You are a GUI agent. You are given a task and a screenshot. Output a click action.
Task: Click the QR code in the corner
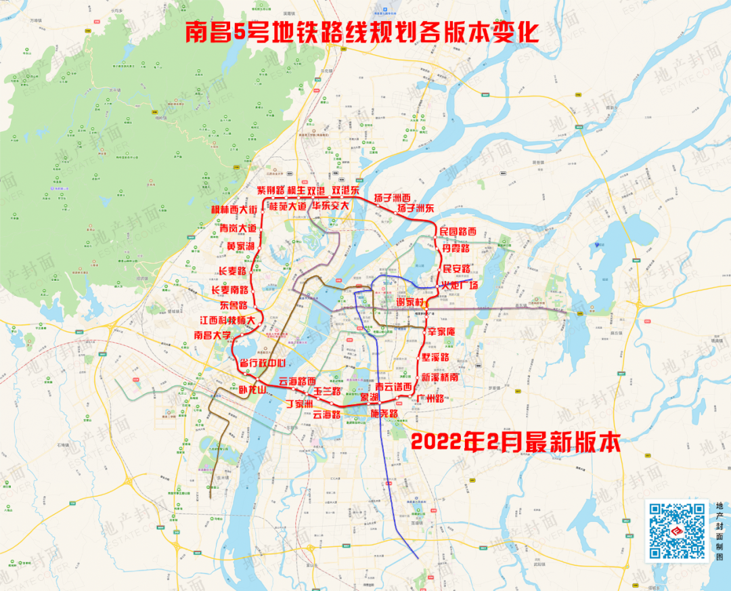[x=677, y=532]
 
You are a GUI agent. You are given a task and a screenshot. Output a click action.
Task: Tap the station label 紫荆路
[x=271, y=190]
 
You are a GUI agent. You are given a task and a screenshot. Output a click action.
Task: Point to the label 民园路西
[x=458, y=232]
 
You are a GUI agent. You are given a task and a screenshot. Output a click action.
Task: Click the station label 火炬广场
[x=460, y=285]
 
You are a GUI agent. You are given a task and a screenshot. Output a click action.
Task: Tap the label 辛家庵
[x=445, y=332]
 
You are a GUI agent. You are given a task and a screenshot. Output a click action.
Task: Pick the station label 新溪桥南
[x=441, y=378]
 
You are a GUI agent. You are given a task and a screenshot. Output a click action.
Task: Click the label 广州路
[x=430, y=398]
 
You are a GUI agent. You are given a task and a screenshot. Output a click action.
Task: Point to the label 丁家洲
[x=298, y=404]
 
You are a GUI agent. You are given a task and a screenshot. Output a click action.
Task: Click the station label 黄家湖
[x=241, y=246]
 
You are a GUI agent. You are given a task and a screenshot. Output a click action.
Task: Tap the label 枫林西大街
[x=234, y=210]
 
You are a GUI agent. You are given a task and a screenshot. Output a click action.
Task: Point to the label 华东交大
[x=327, y=206]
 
